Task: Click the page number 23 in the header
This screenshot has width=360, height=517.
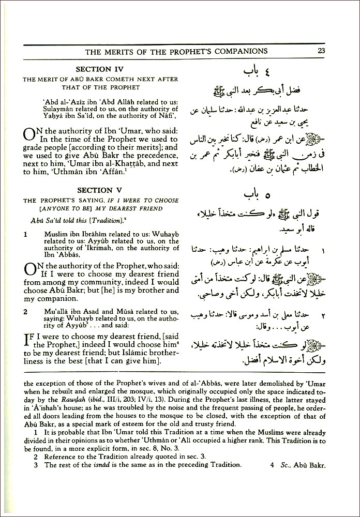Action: [321, 51]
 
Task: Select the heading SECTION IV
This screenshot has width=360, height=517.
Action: [101, 69]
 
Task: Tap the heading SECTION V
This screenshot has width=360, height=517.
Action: [101, 190]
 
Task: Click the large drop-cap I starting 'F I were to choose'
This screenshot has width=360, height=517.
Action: [28, 340]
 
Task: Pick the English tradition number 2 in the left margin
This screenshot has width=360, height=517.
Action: [26, 312]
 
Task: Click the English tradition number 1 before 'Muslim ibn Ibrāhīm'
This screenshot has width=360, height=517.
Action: [26, 234]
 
